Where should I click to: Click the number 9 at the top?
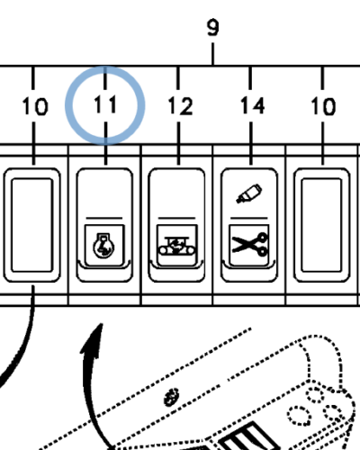click(213, 28)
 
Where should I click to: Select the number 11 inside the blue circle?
click(106, 105)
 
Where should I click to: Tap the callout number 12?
click(180, 106)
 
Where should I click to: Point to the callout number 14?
click(252, 106)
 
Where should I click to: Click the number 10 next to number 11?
click(35, 106)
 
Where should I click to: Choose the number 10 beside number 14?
click(323, 106)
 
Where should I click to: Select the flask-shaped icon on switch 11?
click(105, 243)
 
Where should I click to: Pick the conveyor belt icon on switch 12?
click(178, 243)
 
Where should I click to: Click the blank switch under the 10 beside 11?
click(34, 222)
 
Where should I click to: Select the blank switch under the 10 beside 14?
click(322, 222)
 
